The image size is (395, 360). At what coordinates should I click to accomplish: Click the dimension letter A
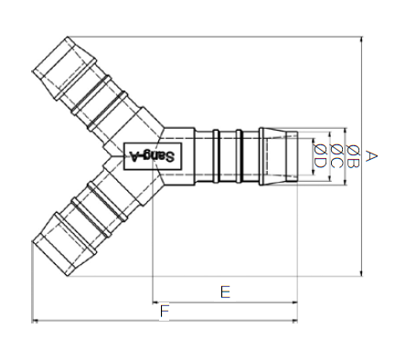click(x=370, y=155)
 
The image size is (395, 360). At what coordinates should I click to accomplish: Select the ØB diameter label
click(x=353, y=157)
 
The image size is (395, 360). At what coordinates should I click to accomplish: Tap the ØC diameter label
click(x=336, y=156)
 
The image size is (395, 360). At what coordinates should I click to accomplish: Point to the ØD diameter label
click(x=320, y=156)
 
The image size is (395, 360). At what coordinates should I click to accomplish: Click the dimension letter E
click(x=225, y=291)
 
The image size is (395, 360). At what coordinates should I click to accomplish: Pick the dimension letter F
click(x=165, y=312)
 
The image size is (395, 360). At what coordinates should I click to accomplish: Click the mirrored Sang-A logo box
click(x=153, y=156)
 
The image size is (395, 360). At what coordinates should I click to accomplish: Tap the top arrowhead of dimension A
click(x=361, y=39)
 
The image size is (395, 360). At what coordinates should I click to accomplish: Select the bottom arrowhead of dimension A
click(x=361, y=273)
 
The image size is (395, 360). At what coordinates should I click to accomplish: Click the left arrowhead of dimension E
click(x=155, y=302)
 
